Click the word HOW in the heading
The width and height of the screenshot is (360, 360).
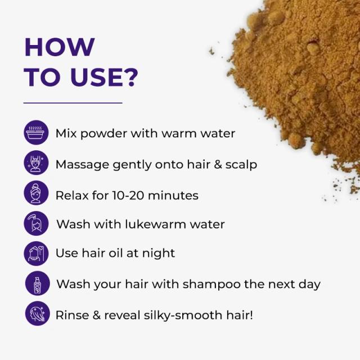[60, 47]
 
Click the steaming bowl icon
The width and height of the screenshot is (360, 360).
[36, 133]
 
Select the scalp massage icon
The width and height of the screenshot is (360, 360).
[36, 163]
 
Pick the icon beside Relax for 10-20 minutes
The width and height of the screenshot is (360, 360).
[36, 193]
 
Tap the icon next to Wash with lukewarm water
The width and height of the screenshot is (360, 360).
[36, 223]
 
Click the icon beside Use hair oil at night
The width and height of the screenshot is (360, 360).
[36, 254]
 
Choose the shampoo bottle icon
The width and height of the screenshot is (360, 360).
[38, 283]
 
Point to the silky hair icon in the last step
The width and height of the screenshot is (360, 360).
[38, 313]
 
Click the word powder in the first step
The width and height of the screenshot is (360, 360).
[103, 134]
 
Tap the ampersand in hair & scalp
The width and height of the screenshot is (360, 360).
[218, 164]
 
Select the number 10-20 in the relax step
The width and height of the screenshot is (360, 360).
[128, 195]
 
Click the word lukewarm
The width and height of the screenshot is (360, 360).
[156, 224]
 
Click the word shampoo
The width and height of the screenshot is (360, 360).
[211, 285]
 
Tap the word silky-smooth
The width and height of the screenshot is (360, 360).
[183, 316]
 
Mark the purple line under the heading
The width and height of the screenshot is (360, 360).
[73, 103]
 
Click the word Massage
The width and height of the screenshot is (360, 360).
[82, 165]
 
